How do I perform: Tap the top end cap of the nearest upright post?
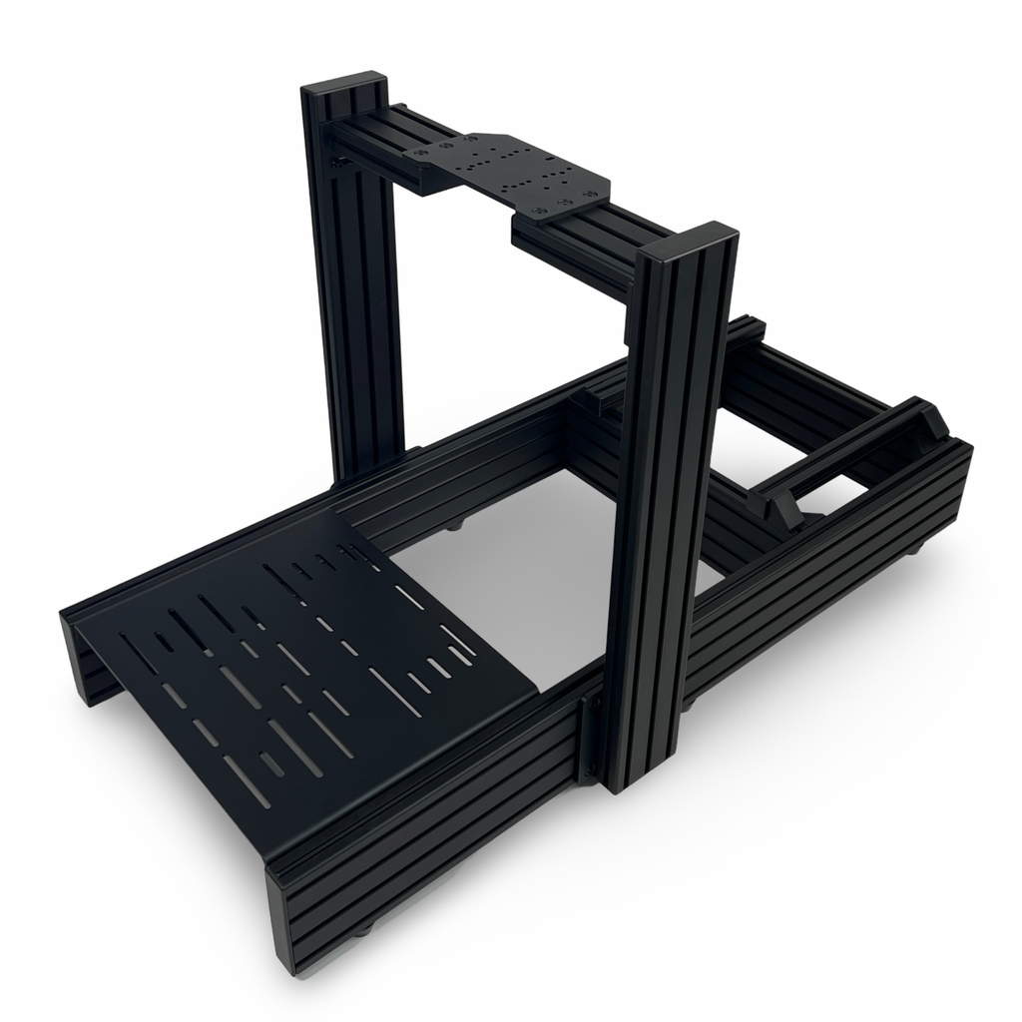coord(688,243)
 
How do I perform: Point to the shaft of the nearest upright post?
coord(659,519)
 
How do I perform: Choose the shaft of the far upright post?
coord(354,299)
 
